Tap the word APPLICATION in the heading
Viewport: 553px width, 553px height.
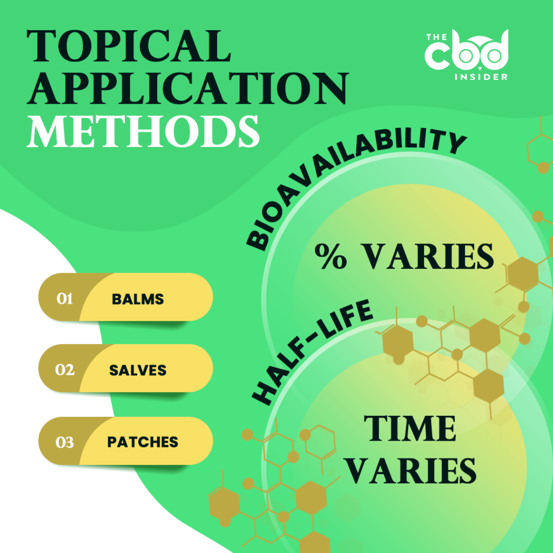[186, 87]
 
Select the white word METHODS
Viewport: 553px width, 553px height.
[143, 129]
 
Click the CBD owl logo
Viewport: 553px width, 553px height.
[466, 53]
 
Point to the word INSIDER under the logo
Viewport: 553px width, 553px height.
[480, 77]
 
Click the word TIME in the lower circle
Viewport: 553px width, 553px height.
[410, 429]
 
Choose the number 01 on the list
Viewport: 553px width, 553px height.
[65, 299]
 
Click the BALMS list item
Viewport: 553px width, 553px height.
[138, 299]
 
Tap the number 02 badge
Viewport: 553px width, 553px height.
[65, 370]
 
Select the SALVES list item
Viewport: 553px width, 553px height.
[138, 370]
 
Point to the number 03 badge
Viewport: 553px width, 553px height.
[65, 442]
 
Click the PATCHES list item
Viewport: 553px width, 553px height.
[143, 442]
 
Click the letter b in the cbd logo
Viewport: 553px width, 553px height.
[467, 53]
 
